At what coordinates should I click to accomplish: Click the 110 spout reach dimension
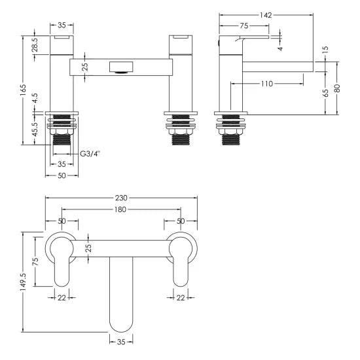coord(266,84)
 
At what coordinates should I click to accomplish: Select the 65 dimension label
coord(325,94)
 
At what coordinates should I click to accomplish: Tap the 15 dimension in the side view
coord(324,50)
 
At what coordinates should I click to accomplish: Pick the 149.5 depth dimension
coord(24,281)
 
